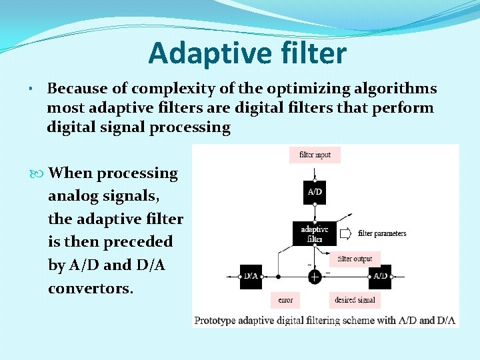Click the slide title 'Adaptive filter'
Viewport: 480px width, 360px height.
(247, 53)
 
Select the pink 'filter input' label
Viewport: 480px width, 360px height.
(315, 155)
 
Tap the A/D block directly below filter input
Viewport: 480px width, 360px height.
(315, 192)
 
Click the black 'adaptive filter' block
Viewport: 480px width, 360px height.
(315, 233)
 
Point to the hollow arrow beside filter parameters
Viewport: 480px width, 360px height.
(345, 233)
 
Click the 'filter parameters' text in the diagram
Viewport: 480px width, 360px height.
(382, 233)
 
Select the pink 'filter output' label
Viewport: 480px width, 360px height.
(355, 259)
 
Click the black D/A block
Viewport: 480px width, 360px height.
(251, 276)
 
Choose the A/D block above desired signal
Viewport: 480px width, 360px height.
(380, 276)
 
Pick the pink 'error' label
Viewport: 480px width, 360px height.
(285, 300)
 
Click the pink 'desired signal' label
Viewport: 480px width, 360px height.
(355, 300)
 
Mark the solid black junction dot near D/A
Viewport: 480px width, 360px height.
(278, 276)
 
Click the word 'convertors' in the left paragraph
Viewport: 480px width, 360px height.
(89, 288)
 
